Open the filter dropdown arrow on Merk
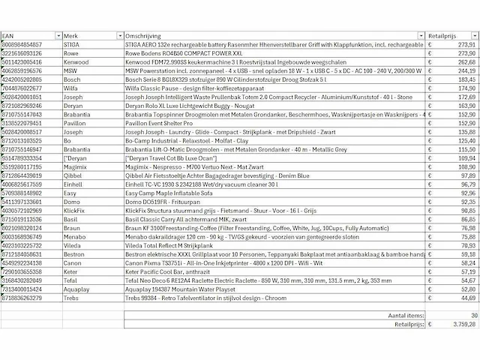119,35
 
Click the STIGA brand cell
73,45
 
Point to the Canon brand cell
73,262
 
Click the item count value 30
472,316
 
